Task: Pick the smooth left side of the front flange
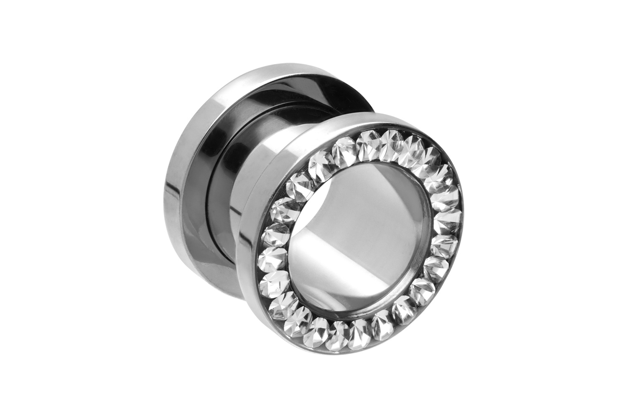(x=247, y=251)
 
